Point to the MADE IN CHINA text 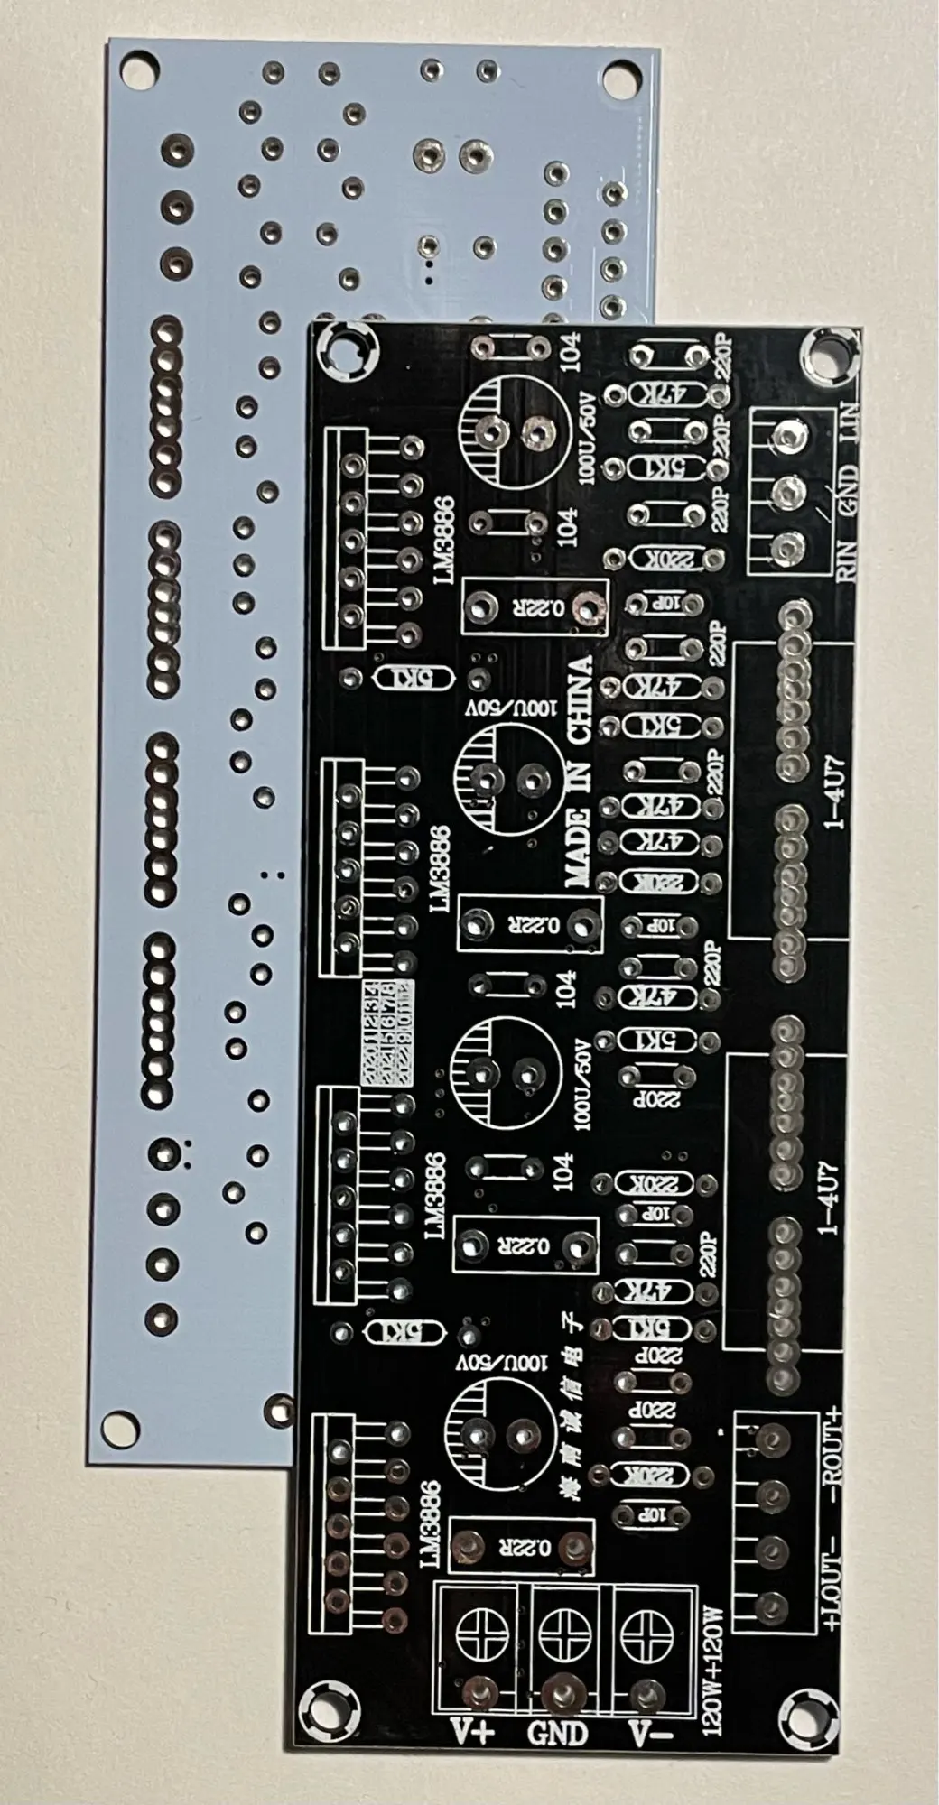pos(580,773)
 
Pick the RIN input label pos(850,554)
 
